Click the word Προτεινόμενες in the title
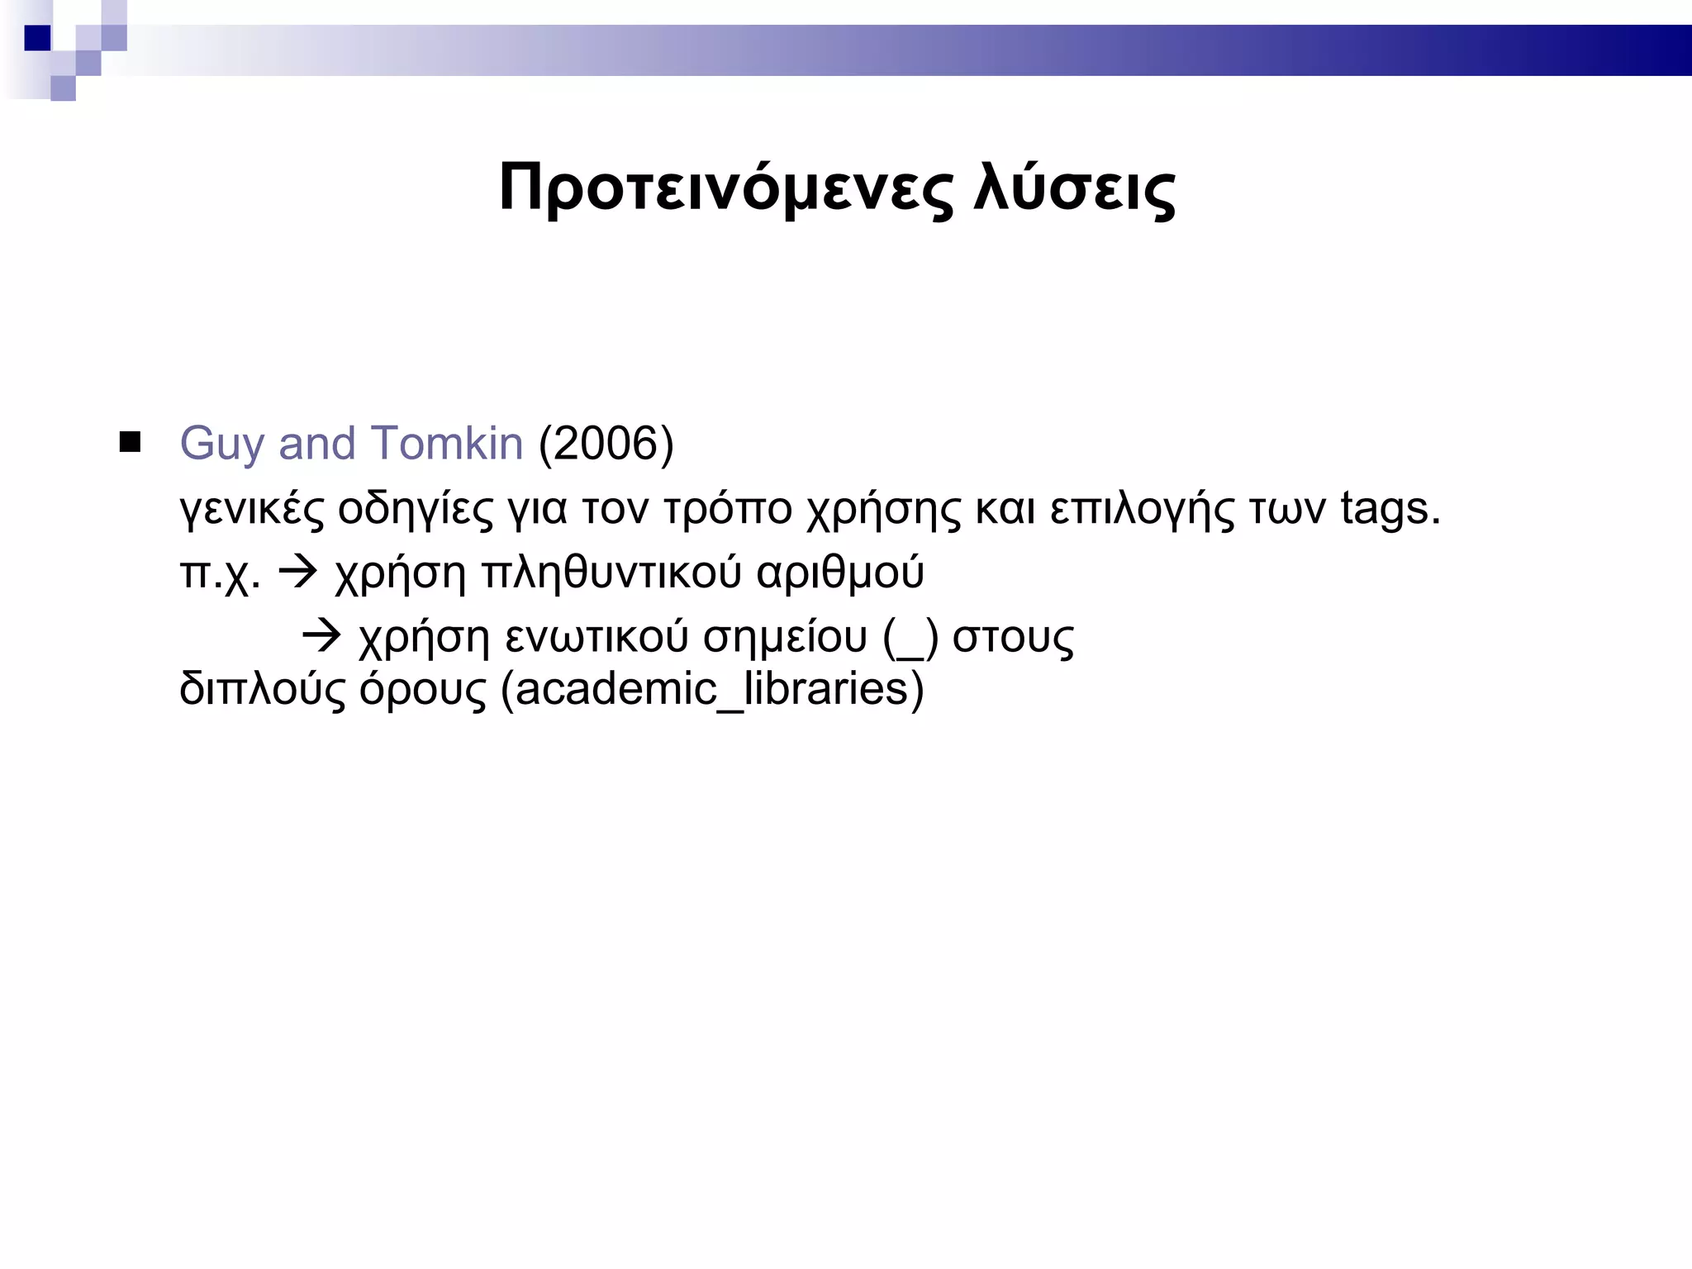pos(725,188)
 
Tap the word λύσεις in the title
pos(1074,188)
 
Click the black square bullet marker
pos(130,442)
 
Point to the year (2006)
pos(606,444)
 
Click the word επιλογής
pos(1142,509)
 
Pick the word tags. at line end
pos(1390,509)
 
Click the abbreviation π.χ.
pos(219,573)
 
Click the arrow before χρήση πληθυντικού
pos(297,571)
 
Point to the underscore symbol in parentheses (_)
pos(910,639)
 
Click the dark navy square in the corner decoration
pos(37,37)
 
